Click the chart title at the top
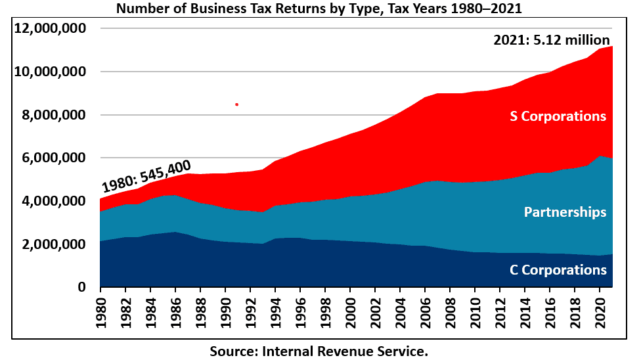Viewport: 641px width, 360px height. [x=320, y=9]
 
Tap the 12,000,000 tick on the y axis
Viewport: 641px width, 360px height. [x=50, y=29]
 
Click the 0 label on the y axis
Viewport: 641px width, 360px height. [x=82, y=288]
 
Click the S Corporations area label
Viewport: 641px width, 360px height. [x=558, y=116]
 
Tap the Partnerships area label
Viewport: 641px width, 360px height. [x=565, y=212]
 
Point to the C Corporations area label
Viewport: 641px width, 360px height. [x=558, y=270]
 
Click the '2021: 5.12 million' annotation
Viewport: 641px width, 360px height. [x=552, y=40]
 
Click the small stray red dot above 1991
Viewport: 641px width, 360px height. [x=236, y=104]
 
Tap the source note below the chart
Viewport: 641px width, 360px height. [x=319, y=350]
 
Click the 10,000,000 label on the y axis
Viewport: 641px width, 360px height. [x=50, y=72]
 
